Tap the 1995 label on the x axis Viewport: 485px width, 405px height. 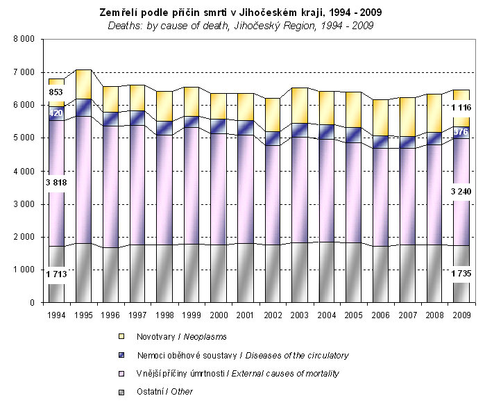coord(83,315)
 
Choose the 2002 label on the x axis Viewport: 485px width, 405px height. coord(272,315)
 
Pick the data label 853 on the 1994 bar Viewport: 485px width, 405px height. coord(56,92)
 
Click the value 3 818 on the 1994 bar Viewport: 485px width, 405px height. coord(56,183)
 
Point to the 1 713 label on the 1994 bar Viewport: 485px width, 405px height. coord(56,275)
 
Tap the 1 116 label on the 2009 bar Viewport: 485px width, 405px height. coord(460,108)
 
